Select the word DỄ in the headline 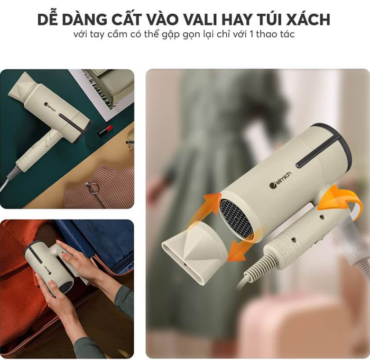pos(48,19)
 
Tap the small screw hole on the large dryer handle pos(322,216)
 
